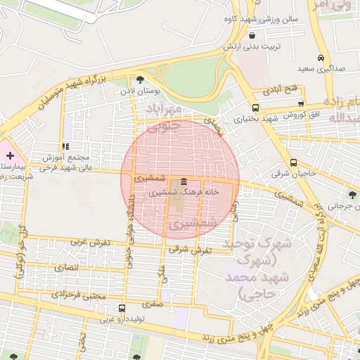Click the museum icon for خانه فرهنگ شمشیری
point(184,181)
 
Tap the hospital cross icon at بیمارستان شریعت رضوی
point(10,154)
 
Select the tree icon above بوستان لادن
point(140,79)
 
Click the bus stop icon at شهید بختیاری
point(255,108)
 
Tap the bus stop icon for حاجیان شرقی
point(293,162)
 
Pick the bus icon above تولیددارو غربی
point(122,308)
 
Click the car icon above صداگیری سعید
point(321,58)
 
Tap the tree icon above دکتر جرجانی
point(352,195)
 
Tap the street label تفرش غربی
point(90,242)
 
